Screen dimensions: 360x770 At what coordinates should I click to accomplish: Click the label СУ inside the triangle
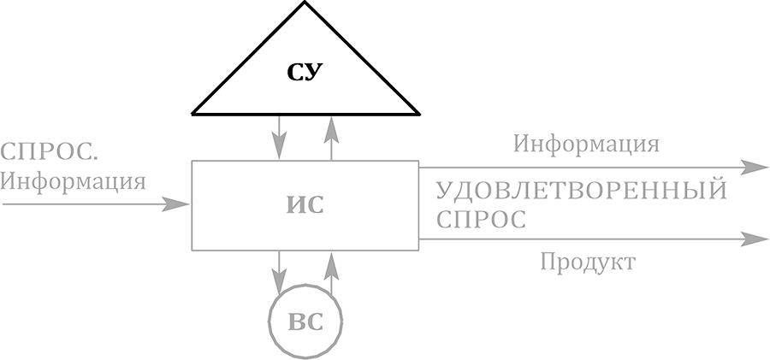tap(305, 72)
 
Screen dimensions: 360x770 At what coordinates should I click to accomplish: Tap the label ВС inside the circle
tap(305, 322)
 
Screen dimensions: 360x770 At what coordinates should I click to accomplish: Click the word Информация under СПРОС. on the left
tap(73, 181)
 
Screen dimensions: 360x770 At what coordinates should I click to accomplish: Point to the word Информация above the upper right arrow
tap(586, 143)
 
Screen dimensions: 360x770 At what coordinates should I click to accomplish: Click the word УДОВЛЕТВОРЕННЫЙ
tap(581, 190)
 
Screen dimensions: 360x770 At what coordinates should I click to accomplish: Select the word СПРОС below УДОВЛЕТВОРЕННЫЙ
tap(480, 219)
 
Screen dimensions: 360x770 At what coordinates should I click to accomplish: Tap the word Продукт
tap(587, 262)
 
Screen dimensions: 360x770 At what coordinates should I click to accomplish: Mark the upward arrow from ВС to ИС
tap(332, 272)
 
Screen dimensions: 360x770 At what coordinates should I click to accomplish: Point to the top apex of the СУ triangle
tap(305, 3)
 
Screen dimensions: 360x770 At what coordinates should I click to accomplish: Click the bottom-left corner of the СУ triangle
tap(192, 113)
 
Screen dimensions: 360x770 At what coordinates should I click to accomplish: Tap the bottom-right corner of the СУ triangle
tap(418, 113)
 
